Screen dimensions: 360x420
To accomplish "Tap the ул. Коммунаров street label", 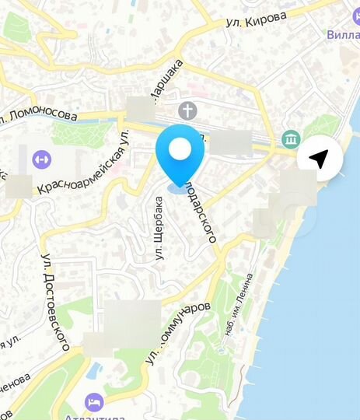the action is point(179,331).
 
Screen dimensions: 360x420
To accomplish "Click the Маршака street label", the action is point(165,78).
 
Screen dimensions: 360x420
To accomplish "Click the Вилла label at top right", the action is point(342,34).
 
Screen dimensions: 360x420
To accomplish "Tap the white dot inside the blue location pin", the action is point(180,149).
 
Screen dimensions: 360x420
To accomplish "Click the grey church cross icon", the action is point(187,110).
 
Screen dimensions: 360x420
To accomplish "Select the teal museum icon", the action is point(292,140).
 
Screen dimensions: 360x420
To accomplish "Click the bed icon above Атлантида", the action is point(94,401).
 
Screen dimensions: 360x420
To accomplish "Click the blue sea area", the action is point(319,311).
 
